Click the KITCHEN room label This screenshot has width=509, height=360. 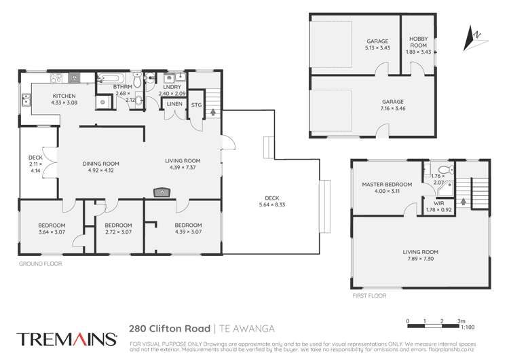pos(63,96)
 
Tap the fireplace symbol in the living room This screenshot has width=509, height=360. pos(162,192)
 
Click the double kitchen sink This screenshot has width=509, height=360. pos(26,101)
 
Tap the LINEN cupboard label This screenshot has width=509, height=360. pos(173,104)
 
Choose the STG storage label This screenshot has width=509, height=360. pos(196,105)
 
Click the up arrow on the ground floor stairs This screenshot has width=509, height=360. pos(215,112)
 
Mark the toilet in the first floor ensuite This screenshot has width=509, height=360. pos(442,170)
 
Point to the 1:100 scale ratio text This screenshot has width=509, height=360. pos(467,327)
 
